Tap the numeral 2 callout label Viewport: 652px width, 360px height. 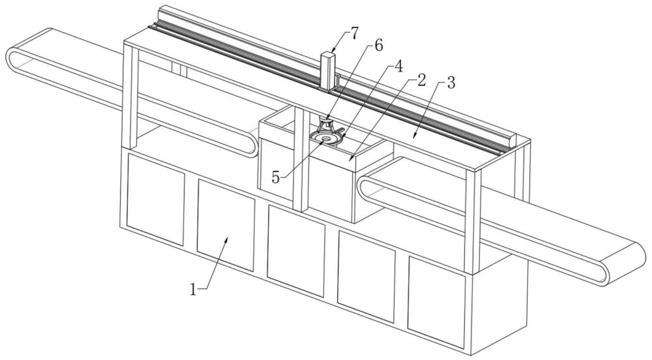421,80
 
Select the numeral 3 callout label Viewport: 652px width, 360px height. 451,83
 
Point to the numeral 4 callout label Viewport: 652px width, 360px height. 398,66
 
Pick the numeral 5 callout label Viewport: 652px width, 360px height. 276,177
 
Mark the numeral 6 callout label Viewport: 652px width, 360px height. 378,45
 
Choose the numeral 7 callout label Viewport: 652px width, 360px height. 353,34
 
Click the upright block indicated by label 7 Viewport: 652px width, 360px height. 328,70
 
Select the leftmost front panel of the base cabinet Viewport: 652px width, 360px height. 156,200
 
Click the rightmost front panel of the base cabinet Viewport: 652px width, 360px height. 437,302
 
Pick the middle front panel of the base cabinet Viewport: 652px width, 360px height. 296,251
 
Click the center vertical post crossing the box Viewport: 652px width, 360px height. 301,159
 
